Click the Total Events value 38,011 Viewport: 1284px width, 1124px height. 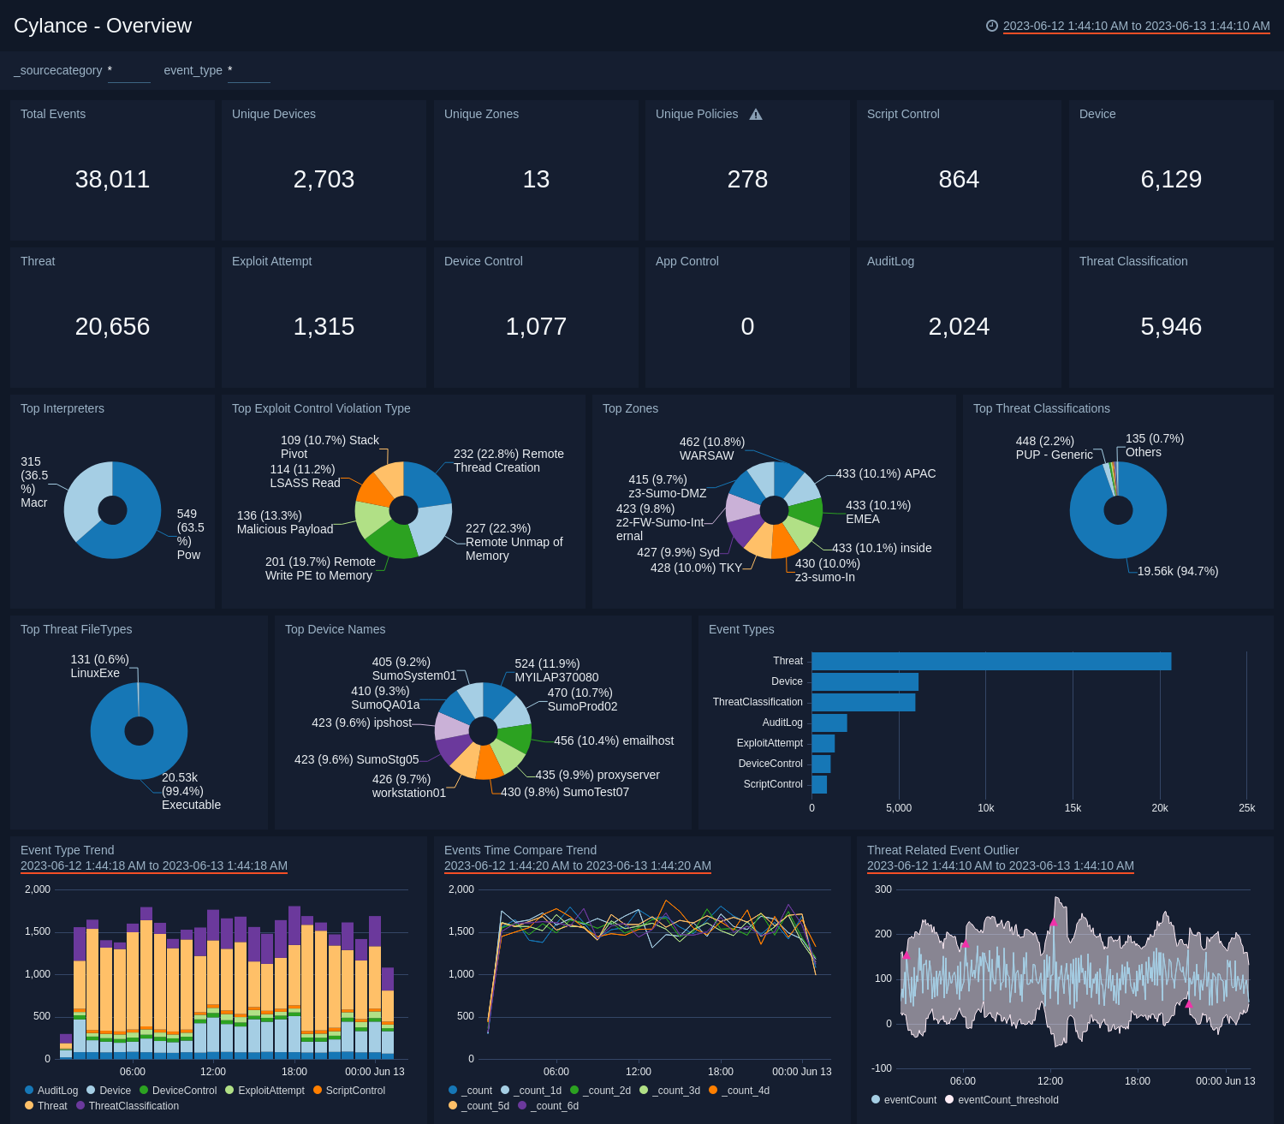(x=112, y=179)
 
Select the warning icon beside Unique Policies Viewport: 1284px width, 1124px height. (x=756, y=115)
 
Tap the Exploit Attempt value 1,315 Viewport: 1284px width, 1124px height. (x=324, y=326)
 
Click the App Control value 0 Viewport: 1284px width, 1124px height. (x=747, y=326)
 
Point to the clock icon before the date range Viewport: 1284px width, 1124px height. (x=992, y=26)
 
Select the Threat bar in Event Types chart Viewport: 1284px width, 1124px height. (x=990, y=661)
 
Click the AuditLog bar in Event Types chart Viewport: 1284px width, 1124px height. (x=829, y=723)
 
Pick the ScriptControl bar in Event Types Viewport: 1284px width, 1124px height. (x=819, y=784)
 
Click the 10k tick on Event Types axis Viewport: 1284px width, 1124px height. (x=985, y=808)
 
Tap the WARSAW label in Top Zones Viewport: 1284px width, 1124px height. (x=706, y=455)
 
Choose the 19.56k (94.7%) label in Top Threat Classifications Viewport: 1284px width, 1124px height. (x=1177, y=571)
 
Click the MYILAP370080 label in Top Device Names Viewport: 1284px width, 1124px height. (x=556, y=677)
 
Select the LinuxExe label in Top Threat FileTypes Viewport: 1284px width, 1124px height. (x=95, y=673)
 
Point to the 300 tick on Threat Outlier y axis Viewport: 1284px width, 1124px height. (x=883, y=889)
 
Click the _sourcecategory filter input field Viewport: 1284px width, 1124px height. (x=129, y=71)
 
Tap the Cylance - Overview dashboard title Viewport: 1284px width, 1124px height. (x=103, y=26)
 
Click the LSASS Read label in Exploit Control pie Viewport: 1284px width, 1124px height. (x=305, y=483)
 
